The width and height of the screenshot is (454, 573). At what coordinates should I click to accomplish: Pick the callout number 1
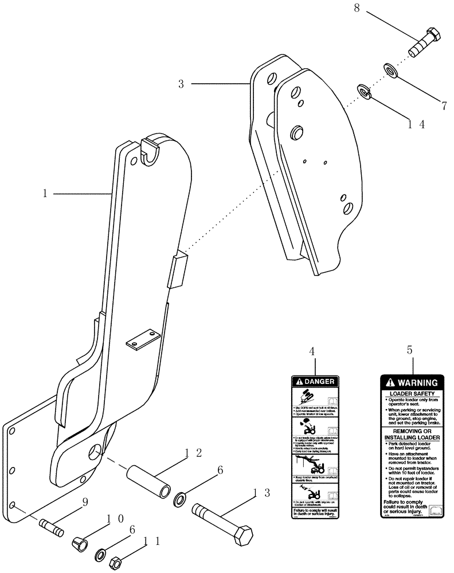click(44, 194)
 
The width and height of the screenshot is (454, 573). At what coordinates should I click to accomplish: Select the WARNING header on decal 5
click(413, 382)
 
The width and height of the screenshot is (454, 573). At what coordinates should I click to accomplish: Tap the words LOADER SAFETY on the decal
click(413, 394)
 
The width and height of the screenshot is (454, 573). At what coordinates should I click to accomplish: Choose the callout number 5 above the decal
click(409, 350)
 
